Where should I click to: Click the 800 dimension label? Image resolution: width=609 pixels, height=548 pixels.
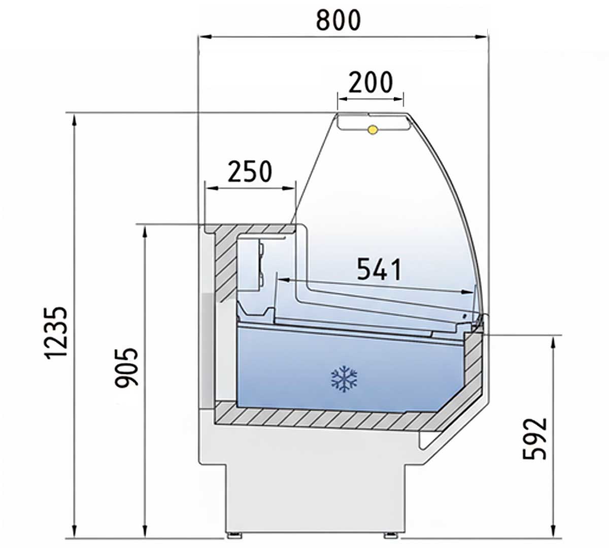339,20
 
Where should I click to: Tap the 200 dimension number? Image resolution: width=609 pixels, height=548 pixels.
370,82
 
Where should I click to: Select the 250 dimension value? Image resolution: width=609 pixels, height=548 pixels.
250,172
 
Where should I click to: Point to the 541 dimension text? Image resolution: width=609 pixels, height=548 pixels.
379,269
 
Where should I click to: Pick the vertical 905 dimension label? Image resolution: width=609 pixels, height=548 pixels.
126,368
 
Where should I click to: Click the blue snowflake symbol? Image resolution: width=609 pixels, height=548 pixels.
344,379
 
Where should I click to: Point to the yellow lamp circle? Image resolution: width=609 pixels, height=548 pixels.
373,130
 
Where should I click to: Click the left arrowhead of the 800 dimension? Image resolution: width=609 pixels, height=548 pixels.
205,37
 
